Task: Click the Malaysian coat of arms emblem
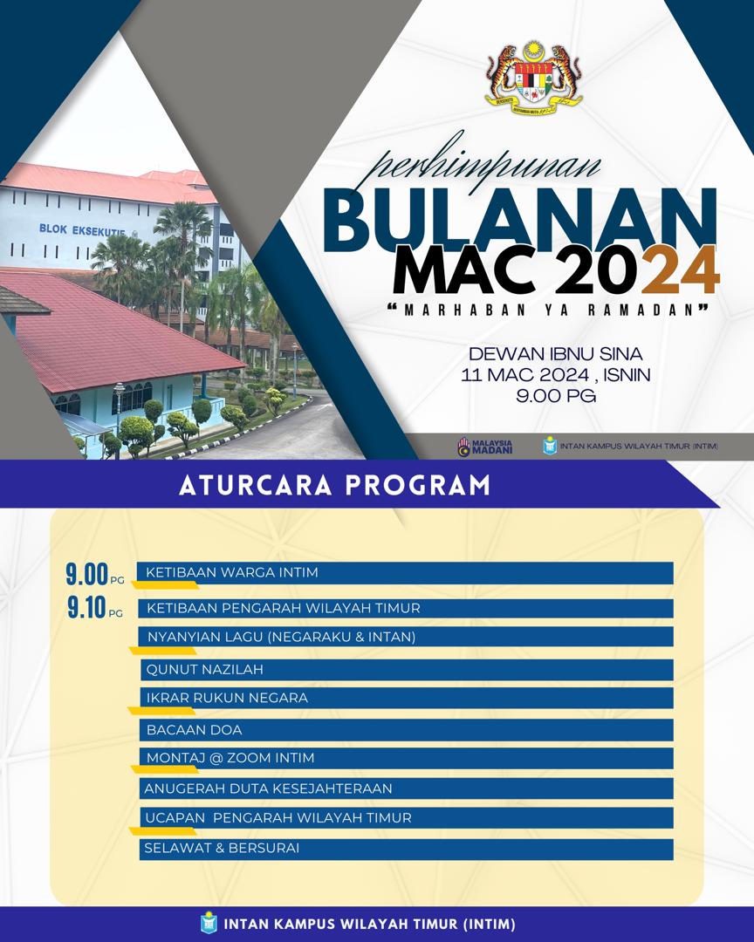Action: tap(533, 78)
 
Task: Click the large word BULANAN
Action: tap(519, 221)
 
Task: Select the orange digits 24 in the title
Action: tap(684, 270)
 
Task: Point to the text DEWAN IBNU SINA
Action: tap(556, 353)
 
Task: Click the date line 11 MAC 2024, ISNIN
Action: tap(556, 375)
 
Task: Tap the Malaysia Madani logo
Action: tap(485, 447)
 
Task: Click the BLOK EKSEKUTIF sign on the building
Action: tap(82, 230)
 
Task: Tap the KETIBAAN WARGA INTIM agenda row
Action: tap(405, 573)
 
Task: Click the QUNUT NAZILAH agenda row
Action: tap(407, 670)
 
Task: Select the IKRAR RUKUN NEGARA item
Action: tap(407, 698)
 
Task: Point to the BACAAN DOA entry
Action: tap(407, 730)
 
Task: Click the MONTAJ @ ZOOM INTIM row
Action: tap(407, 758)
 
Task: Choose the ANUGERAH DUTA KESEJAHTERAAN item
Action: tap(407, 788)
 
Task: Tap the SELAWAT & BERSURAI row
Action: tap(407, 849)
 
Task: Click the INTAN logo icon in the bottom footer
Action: tap(208, 924)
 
